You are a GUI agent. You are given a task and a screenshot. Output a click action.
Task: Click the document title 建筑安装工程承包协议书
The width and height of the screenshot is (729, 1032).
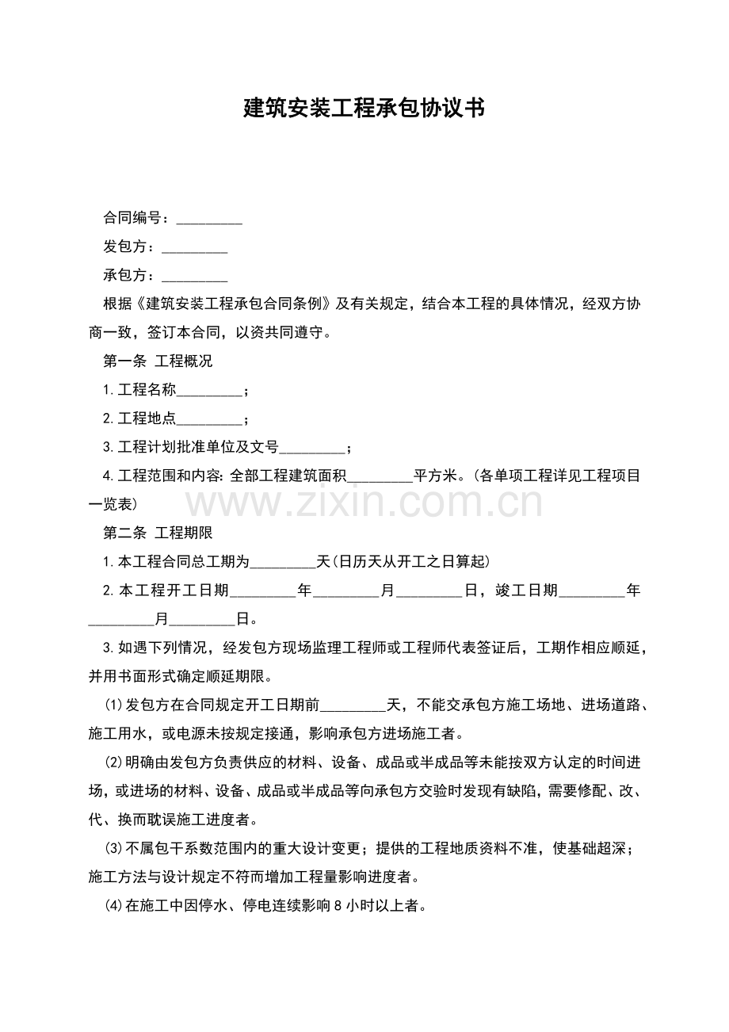click(364, 109)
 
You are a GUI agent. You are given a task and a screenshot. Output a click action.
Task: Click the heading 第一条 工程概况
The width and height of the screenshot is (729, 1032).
click(158, 361)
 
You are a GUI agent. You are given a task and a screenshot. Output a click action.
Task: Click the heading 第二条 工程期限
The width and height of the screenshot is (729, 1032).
click(158, 533)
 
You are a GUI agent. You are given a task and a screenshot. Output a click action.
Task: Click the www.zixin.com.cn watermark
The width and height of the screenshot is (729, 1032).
click(364, 503)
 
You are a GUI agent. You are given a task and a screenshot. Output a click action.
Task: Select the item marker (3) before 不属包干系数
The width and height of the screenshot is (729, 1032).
click(114, 848)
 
